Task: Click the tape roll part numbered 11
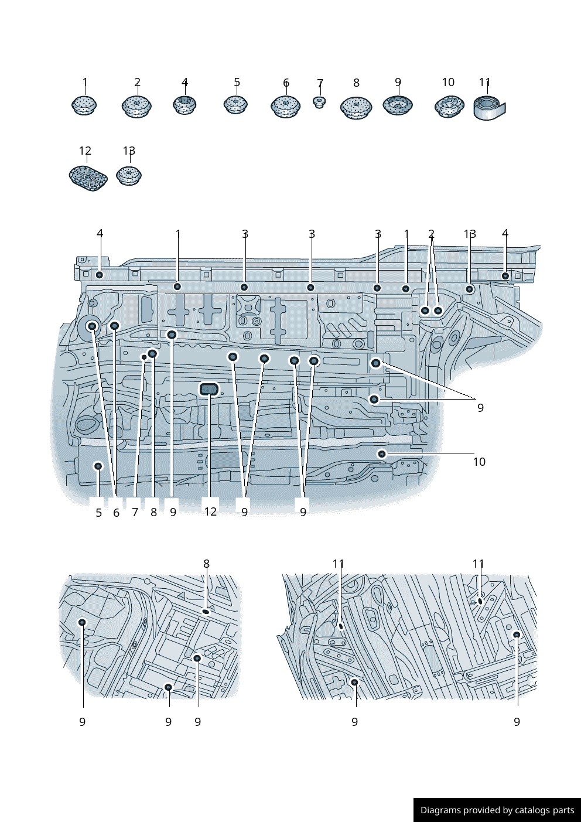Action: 490,108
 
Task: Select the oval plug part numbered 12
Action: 88,178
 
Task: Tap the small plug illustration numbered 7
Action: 319,102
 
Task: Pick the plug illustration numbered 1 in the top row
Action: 84,105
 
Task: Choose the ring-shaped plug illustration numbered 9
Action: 398,105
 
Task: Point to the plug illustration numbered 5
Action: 235,104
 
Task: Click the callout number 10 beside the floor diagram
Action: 479,462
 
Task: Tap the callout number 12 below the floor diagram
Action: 210,511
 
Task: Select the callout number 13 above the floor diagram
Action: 470,234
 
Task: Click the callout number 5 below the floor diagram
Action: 98,512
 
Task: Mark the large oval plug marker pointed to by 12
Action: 209,389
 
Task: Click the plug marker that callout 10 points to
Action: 382,454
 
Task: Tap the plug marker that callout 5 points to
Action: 98,466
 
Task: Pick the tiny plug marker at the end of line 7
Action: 144,357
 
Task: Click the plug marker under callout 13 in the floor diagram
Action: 470,289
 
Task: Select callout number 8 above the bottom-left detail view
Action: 207,564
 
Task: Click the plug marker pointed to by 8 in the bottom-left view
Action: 206,611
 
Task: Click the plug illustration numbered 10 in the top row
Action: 449,107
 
